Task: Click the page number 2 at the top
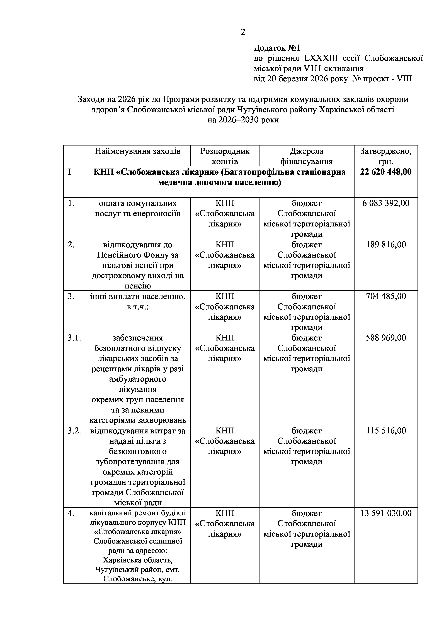click(x=243, y=32)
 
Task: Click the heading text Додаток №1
click(x=277, y=48)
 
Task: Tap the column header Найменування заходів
click(x=137, y=151)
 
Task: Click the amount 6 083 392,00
click(x=386, y=203)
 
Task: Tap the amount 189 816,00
click(x=386, y=245)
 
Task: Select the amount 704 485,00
click(x=386, y=296)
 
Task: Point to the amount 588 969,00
click(x=386, y=338)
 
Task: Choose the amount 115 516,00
click(x=386, y=431)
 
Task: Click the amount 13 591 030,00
click(x=386, y=513)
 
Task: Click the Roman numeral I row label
click(x=69, y=172)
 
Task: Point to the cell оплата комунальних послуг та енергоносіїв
click(x=137, y=208)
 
